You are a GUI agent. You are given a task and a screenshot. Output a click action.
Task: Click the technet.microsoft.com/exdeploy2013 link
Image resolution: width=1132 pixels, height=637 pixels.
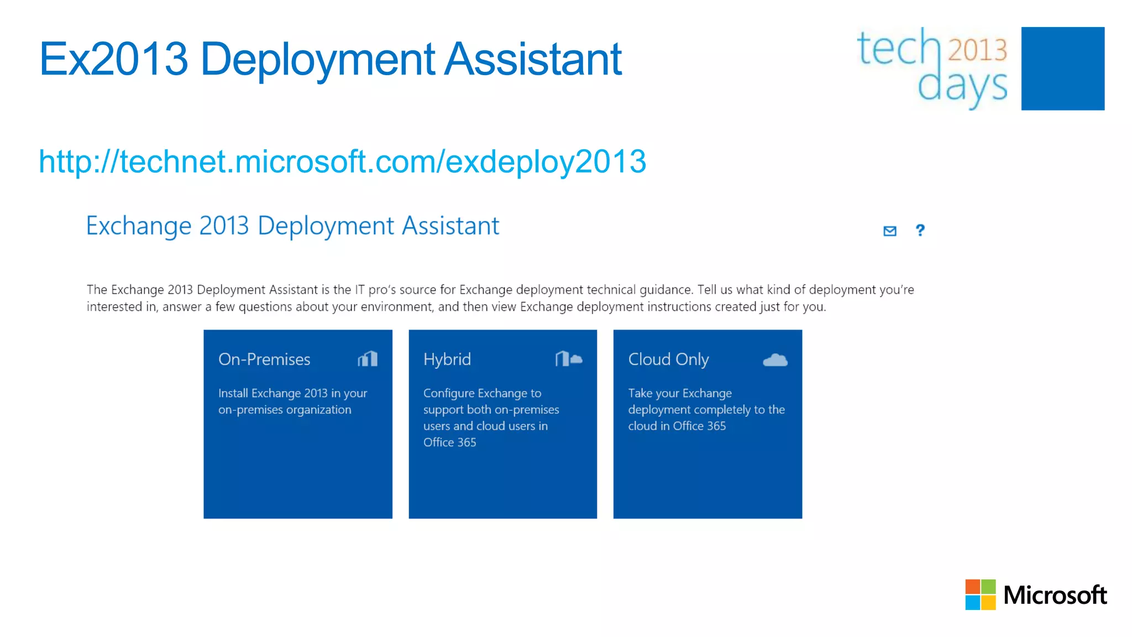[342, 161]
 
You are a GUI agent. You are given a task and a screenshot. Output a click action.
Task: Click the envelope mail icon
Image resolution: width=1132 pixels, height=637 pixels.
[890, 231]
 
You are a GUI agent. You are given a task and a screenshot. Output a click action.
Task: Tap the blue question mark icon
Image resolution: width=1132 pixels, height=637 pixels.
[920, 230]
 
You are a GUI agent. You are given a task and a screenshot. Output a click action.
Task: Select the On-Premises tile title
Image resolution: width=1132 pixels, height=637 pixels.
[264, 359]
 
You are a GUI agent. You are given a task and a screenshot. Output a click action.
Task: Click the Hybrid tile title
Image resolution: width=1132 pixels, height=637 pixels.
[447, 359]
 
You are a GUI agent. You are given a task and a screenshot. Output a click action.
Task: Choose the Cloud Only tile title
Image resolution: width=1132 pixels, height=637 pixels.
[668, 359]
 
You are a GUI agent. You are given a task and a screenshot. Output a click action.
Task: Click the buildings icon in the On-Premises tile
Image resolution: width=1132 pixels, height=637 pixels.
[368, 359]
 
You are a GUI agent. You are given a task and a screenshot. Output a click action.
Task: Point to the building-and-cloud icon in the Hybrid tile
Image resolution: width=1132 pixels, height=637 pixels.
[569, 359]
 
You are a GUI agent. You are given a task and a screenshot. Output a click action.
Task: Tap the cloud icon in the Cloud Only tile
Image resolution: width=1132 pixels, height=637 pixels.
[775, 360]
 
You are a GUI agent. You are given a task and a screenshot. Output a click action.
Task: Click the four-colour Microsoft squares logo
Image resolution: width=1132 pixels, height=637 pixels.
[981, 594]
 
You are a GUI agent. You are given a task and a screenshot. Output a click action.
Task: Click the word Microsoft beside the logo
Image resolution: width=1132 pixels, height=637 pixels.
[1055, 596]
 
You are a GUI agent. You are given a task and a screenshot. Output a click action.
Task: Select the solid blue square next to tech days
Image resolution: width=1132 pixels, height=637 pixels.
[1062, 69]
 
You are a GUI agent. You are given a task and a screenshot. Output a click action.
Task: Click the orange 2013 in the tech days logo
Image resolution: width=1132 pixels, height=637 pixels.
[978, 50]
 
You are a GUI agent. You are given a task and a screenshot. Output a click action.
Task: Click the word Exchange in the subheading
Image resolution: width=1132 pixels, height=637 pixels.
[139, 226]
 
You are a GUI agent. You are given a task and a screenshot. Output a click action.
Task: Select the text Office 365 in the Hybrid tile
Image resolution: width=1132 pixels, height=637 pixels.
[449, 442]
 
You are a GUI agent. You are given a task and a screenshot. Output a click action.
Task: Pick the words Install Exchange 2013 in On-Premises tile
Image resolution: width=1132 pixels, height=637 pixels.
[273, 393]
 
